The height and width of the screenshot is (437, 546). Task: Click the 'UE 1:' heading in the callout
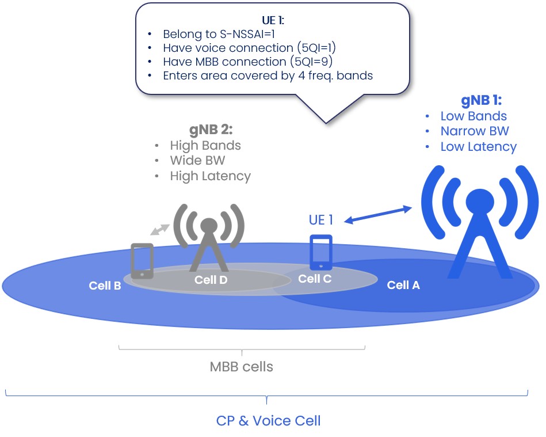tap(273, 21)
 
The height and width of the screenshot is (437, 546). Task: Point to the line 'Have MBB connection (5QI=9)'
tap(248, 62)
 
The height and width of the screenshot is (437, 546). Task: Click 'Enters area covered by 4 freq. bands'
tap(268, 75)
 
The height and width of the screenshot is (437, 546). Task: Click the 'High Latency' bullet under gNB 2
tap(210, 176)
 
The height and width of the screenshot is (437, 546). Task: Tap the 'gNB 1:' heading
tap(482, 100)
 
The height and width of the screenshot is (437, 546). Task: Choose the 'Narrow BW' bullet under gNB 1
tap(475, 131)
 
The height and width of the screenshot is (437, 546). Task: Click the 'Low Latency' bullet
tap(478, 147)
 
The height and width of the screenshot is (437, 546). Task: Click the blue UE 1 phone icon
tap(321, 252)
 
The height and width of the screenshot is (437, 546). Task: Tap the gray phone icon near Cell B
tap(142, 261)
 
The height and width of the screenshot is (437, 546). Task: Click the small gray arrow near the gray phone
tap(159, 229)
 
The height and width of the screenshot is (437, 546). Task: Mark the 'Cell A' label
tap(403, 285)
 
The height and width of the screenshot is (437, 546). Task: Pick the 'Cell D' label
tap(211, 280)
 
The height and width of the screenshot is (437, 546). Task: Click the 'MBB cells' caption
tap(241, 367)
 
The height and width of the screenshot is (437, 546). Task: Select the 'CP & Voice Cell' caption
tap(268, 421)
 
